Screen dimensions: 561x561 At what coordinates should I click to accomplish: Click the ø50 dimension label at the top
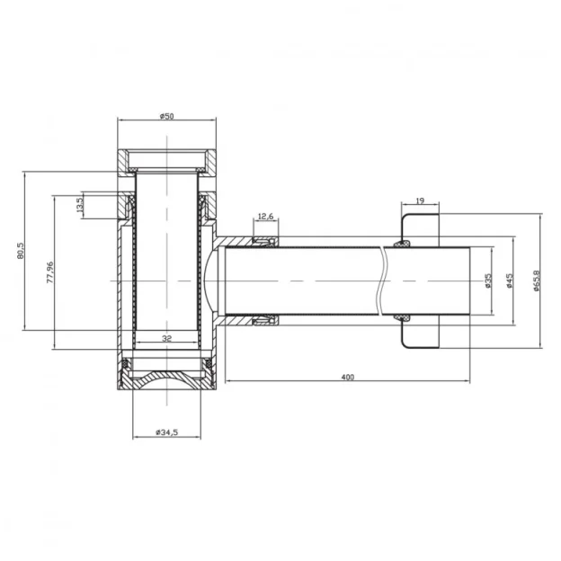(165, 116)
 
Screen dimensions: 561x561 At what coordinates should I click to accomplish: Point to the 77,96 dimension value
(50, 272)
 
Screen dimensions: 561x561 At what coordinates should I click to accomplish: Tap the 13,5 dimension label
(79, 205)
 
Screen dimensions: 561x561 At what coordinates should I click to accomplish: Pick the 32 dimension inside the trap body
(166, 339)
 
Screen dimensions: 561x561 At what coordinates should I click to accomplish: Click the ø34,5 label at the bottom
(166, 432)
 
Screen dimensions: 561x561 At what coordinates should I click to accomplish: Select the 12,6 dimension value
(266, 217)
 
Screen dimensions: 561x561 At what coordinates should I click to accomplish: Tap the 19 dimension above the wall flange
(420, 202)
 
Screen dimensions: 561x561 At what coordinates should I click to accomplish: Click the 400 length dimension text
(348, 376)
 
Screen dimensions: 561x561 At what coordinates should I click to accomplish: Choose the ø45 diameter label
(509, 280)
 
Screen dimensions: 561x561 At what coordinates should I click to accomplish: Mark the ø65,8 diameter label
(536, 280)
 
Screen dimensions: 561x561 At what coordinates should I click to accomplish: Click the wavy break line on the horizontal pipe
(385, 280)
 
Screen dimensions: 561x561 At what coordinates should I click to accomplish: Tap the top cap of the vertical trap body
(166, 161)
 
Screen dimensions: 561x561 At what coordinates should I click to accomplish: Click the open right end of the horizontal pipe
(472, 280)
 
